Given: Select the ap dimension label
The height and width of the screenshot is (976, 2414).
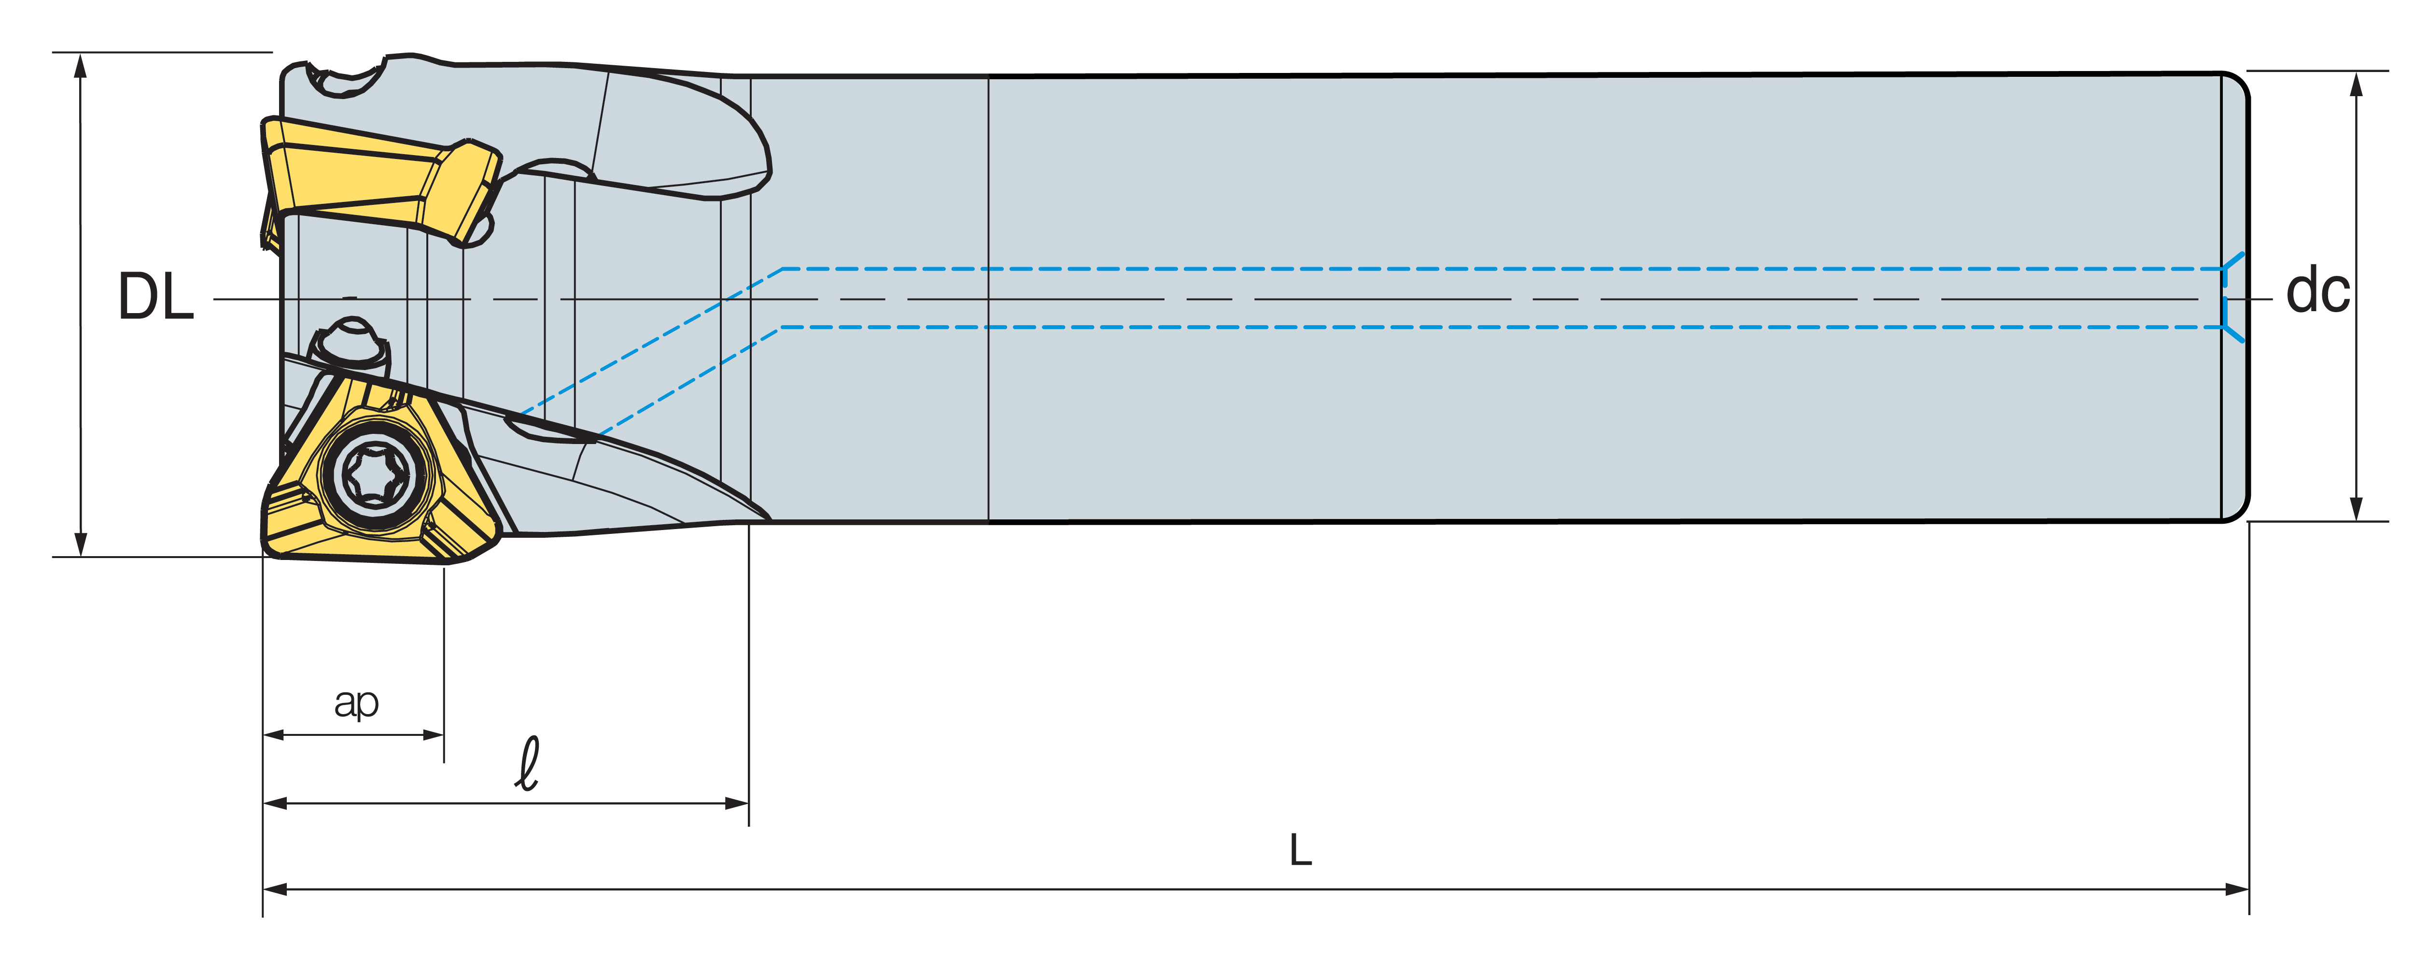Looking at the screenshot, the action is pos(356,702).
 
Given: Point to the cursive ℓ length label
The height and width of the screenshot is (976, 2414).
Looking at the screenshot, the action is pos(529,763).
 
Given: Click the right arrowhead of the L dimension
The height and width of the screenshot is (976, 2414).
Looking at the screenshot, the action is pos(2238,889).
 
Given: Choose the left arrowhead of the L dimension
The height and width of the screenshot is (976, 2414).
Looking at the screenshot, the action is pos(275,889).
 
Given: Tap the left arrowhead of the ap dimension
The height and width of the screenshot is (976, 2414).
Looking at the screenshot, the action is pos(275,735).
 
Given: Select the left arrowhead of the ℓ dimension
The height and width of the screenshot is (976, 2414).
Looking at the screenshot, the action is pos(275,804).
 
